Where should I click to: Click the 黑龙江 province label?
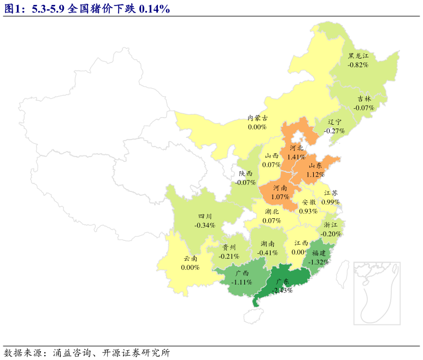(359, 56)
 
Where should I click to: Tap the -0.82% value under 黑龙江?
(358, 65)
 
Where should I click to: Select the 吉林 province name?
(364, 99)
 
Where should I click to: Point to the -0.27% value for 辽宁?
(334, 131)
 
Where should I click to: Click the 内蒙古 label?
(257, 118)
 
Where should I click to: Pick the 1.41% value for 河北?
(296, 157)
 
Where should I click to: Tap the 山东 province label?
(315, 166)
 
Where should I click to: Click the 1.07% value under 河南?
(280, 196)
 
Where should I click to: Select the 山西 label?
(272, 156)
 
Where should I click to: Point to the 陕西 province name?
(246, 173)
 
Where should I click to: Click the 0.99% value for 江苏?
(331, 202)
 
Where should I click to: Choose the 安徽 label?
(308, 202)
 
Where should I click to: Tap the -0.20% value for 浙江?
(331, 234)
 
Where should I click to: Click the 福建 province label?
(319, 253)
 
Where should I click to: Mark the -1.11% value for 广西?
(242, 282)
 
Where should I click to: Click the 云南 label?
(190, 259)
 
